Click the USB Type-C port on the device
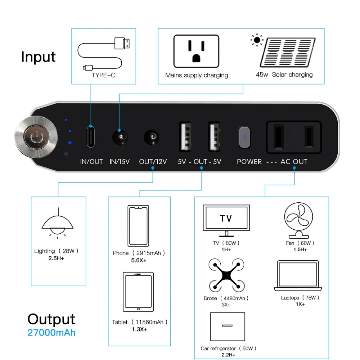point(91,136)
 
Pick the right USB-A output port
point(214,136)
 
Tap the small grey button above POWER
point(244,137)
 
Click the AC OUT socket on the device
point(293,137)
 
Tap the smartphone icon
point(138,226)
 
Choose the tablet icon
point(138,292)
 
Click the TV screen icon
point(226,219)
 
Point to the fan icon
point(298,220)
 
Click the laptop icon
point(298,276)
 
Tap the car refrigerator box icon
point(227,327)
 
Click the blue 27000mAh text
point(51,332)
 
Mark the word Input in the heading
point(39,57)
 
